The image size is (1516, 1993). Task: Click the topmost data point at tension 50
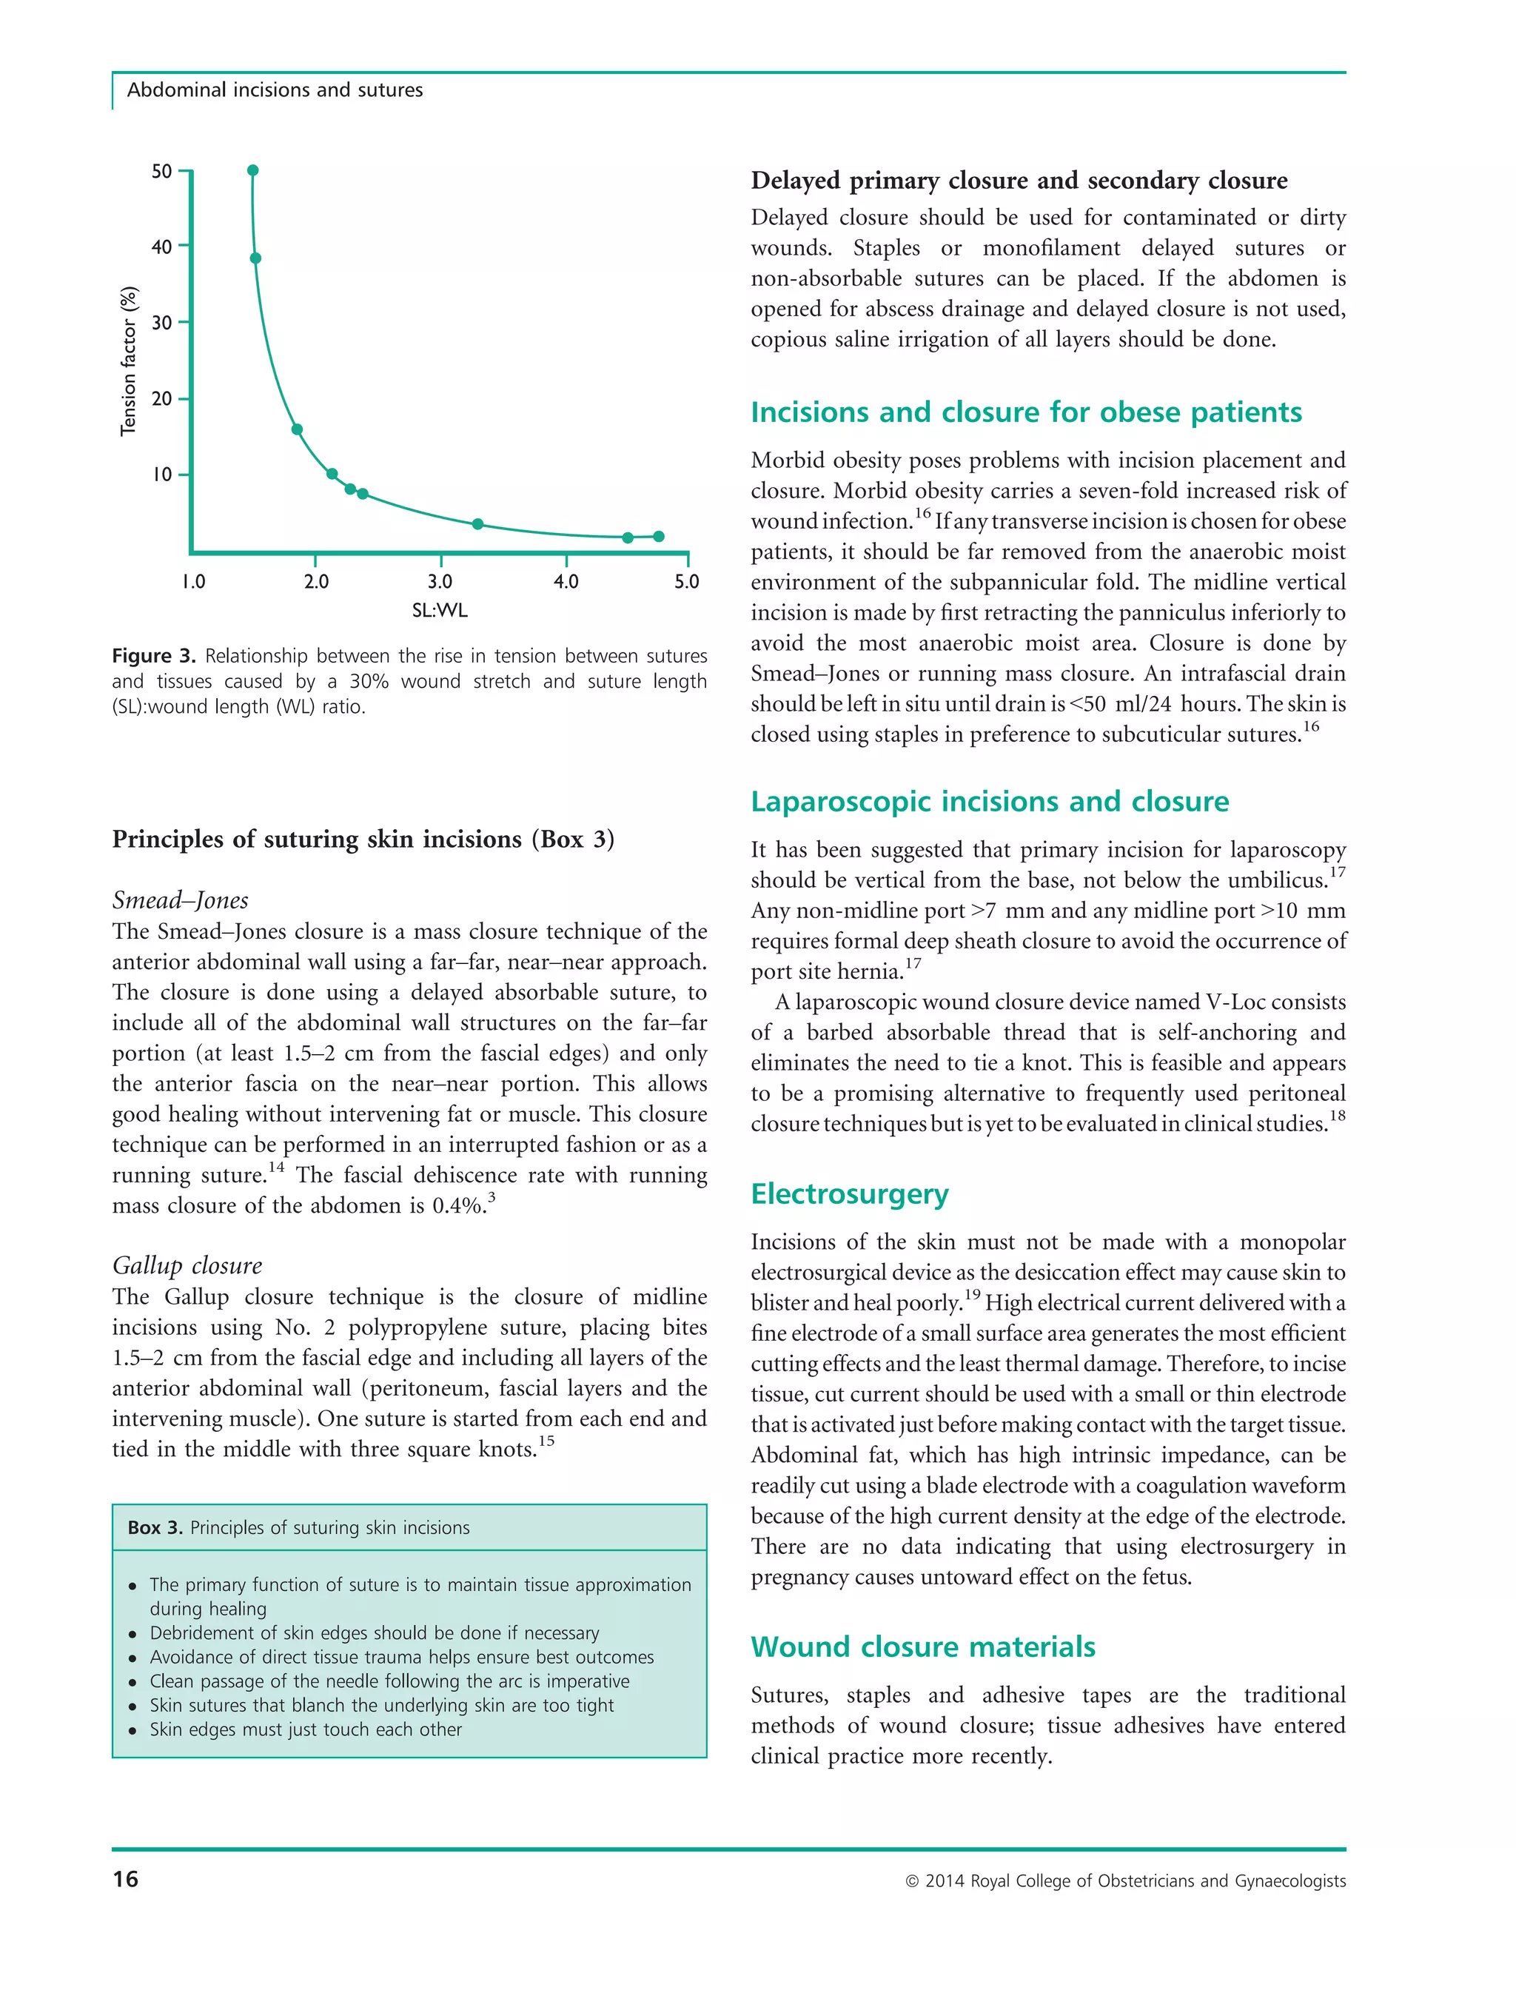pyautogui.click(x=252, y=170)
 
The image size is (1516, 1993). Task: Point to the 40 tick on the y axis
pyautogui.click(x=162, y=247)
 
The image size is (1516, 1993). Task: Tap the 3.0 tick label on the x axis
pyautogui.click(x=440, y=582)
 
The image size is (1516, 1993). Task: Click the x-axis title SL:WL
pyautogui.click(x=440, y=611)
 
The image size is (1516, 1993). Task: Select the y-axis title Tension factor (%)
pyautogui.click(x=129, y=361)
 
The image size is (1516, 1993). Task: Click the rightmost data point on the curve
pyautogui.click(x=659, y=537)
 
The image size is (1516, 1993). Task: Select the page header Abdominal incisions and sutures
pyautogui.click(x=275, y=90)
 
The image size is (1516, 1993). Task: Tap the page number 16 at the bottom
pyautogui.click(x=125, y=1879)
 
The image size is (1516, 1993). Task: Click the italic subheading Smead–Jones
pyautogui.click(x=181, y=900)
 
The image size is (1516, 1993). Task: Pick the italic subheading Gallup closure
pyautogui.click(x=187, y=1265)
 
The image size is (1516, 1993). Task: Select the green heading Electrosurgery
pyautogui.click(x=849, y=1194)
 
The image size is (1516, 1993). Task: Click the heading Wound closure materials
pyautogui.click(x=922, y=1647)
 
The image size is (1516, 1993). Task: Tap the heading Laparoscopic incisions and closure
pyautogui.click(x=989, y=802)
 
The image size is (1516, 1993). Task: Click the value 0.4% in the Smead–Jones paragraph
pyautogui.click(x=457, y=1206)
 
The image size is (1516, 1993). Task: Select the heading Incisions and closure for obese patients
pyautogui.click(x=1025, y=412)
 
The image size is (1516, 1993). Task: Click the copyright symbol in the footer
pyautogui.click(x=911, y=1882)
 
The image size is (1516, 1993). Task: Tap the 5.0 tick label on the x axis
pyautogui.click(x=687, y=582)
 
